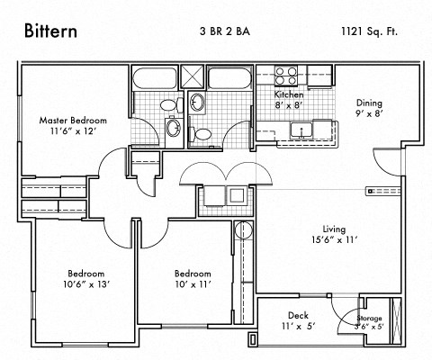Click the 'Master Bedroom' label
tap(73, 120)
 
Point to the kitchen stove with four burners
tap(285, 75)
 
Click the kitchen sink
tap(301, 132)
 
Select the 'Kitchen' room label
tap(288, 94)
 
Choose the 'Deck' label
tap(298, 315)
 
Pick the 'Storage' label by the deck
tap(369, 319)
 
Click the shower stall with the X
tap(195, 75)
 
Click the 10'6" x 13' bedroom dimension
tap(86, 285)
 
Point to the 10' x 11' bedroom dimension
tap(192, 285)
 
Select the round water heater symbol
tap(241, 230)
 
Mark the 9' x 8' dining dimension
tap(369, 114)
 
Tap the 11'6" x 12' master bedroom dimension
tap(73, 131)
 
